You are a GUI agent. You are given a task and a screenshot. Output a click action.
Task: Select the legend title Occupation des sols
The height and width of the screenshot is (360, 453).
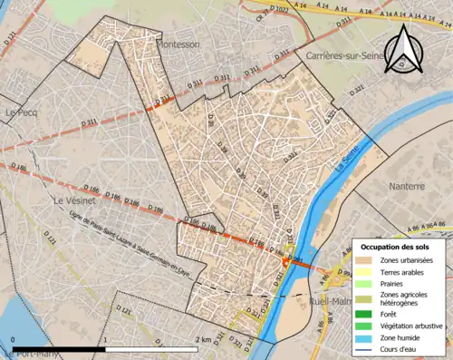click(x=395, y=247)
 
